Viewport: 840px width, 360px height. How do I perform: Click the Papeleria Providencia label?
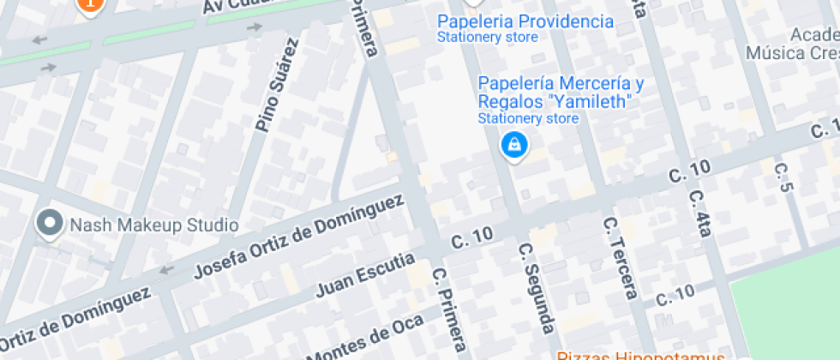pos(525,21)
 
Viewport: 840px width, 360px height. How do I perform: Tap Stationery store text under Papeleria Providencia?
pos(487,38)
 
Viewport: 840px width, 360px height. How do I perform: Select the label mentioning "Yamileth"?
pos(561,93)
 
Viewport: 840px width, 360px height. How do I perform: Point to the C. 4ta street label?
pos(701,211)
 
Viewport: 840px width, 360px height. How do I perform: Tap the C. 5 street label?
pos(781,177)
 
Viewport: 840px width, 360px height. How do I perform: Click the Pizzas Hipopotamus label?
pos(654,355)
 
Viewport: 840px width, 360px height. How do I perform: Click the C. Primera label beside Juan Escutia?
pos(450,308)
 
